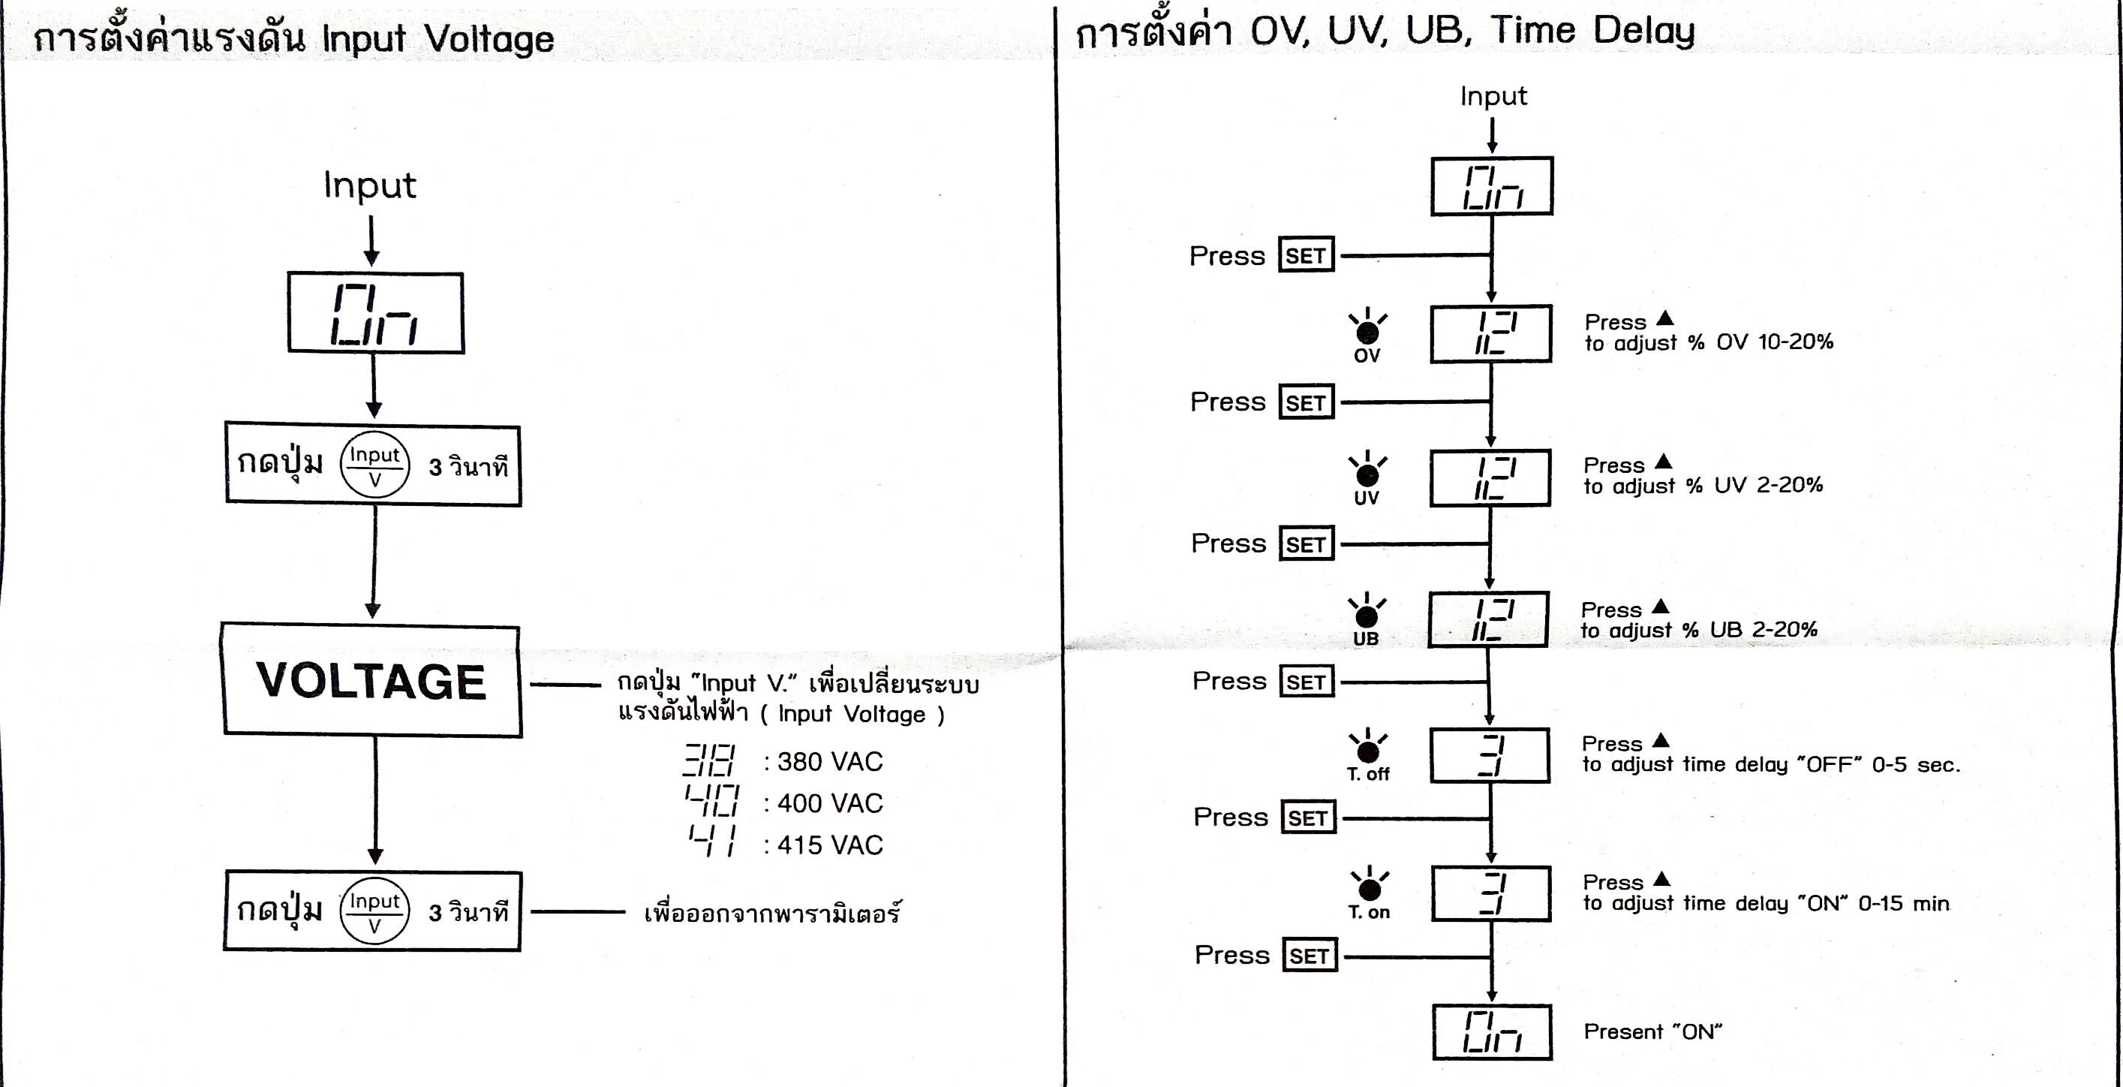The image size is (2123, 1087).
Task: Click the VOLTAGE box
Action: click(x=371, y=681)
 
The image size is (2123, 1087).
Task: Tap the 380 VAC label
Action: click(x=829, y=761)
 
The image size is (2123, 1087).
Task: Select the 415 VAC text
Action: click(x=829, y=845)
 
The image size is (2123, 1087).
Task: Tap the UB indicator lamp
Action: click(x=1366, y=616)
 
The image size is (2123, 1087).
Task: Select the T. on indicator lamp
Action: click(x=1369, y=890)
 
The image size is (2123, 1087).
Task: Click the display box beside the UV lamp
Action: click(x=1490, y=478)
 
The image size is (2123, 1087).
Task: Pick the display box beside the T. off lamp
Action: click(x=1490, y=755)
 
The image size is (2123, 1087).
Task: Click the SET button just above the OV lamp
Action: click(x=1307, y=255)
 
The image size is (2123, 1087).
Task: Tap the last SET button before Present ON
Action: click(x=1310, y=956)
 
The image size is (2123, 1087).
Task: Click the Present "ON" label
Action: click(x=1652, y=1031)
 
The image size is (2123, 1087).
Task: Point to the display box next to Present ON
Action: click(x=1492, y=1031)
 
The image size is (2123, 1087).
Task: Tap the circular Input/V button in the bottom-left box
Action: click(x=374, y=912)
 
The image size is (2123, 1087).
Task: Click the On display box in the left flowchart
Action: click(x=375, y=313)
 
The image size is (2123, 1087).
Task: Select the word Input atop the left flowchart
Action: click(x=369, y=185)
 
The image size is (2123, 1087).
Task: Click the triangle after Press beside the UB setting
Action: click(x=1661, y=607)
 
